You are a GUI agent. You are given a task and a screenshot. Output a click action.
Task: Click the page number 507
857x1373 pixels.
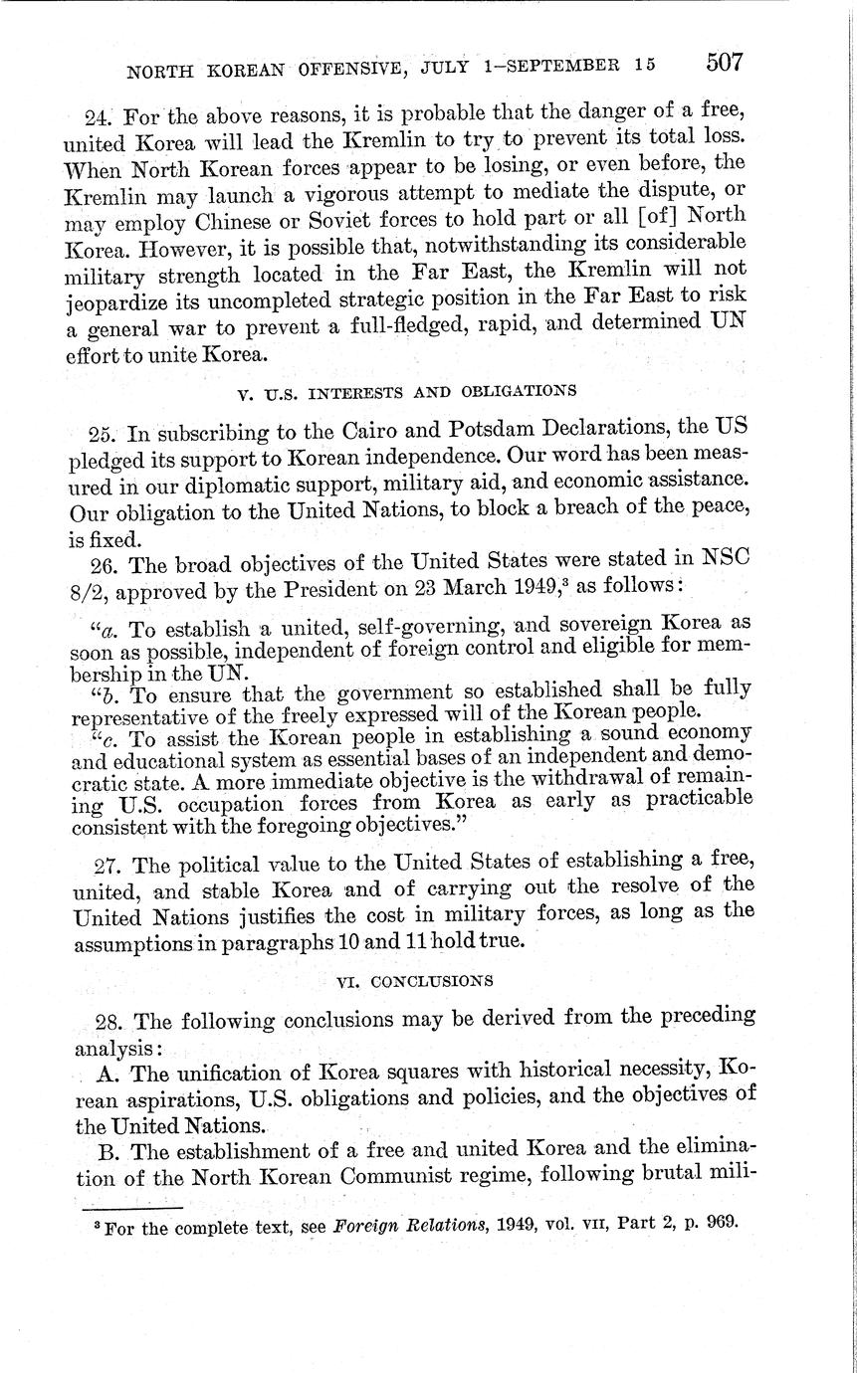pos(724,62)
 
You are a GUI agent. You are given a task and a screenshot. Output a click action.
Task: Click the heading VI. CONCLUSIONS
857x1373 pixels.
pos(414,981)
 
